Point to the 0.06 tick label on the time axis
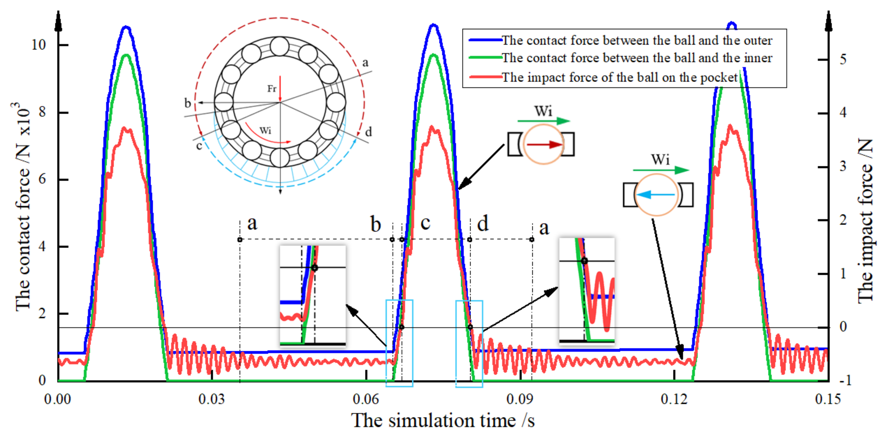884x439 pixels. (366, 399)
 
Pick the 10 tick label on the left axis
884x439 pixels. (39, 45)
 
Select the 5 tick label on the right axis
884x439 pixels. (843, 60)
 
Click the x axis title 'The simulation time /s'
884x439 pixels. (443, 421)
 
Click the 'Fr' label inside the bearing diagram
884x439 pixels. (272, 89)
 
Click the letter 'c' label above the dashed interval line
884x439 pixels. (426, 223)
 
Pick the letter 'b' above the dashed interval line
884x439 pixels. (376, 224)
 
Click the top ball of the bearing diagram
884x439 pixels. (280, 46)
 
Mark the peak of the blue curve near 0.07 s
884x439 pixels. (434, 25)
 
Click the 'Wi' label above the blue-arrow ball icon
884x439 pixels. (660, 160)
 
